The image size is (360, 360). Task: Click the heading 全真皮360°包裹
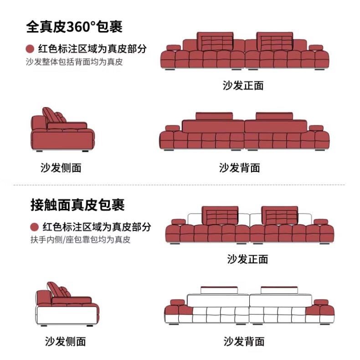tap(74, 26)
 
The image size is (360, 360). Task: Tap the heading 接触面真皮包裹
tap(77, 205)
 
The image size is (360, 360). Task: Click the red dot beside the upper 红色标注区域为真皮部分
tap(30, 49)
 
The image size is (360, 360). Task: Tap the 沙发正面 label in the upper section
tap(243, 85)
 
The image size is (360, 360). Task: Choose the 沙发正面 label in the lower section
tap(247, 259)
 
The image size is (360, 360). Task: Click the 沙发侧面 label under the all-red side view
tap(61, 168)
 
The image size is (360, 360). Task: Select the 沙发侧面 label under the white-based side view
tap(65, 341)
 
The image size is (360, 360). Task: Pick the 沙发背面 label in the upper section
tap(239, 168)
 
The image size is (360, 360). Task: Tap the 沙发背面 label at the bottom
tap(244, 341)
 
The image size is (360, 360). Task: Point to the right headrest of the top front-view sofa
tap(275, 42)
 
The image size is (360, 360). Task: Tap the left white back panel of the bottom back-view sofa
tap(218, 300)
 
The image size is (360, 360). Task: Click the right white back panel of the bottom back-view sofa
tap(279, 300)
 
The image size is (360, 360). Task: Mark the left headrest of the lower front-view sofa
tap(220, 215)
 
